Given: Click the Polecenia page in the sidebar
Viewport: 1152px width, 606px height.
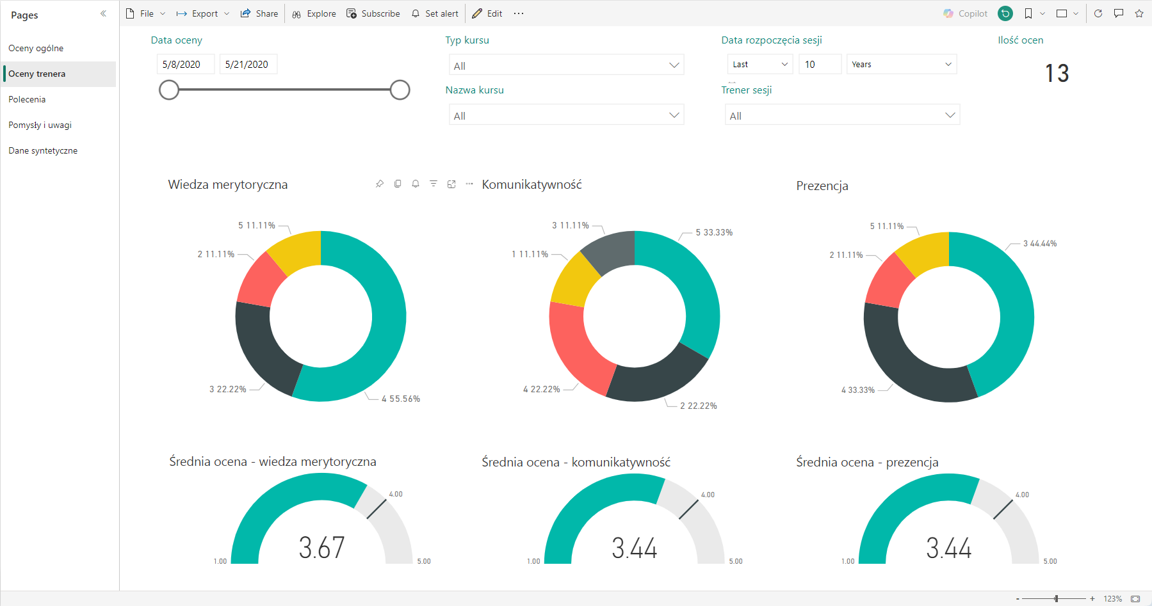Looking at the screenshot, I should click(x=27, y=99).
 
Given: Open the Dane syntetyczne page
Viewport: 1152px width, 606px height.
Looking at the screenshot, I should click(x=43, y=150).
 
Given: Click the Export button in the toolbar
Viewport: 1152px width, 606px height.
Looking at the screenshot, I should click(x=203, y=13).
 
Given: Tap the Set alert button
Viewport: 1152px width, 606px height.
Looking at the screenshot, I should click(x=435, y=13).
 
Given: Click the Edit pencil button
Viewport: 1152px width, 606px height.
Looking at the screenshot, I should click(x=487, y=13).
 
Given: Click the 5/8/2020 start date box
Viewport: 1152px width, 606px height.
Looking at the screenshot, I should click(x=185, y=64).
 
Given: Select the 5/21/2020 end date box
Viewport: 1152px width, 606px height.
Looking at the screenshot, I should click(x=248, y=64).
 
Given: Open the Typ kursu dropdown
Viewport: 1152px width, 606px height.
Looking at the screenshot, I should click(x=566, y=65).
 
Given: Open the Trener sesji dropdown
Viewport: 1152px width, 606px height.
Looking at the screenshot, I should click(x=842, y=115).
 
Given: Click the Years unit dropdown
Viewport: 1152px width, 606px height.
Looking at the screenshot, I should click(x=902, y=64).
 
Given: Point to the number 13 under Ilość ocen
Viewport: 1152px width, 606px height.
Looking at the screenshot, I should click(x=1057, y=73).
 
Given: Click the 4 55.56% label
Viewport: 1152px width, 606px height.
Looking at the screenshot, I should click(x=401, y=399).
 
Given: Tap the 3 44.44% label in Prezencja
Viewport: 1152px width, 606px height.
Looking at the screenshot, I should click(x=1040, y=243).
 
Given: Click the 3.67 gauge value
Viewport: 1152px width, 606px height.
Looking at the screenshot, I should click(x=321, y=548).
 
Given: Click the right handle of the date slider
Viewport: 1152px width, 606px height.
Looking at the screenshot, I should click(x=400, y=90).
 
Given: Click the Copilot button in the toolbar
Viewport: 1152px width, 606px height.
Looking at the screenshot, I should click(x=966, y=13).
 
